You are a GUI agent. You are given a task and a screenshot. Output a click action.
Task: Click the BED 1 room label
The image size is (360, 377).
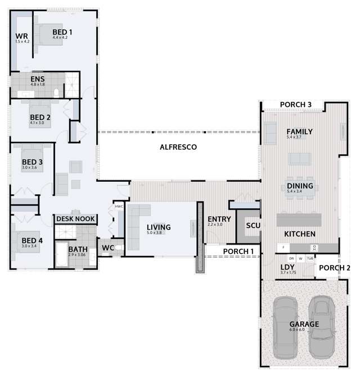(62, 32)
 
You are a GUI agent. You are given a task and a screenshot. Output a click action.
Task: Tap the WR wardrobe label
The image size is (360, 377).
(21, 37)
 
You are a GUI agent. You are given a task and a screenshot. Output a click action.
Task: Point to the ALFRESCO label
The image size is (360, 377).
(177, 147)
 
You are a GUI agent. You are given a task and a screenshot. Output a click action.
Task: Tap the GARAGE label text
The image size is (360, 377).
(304, 324)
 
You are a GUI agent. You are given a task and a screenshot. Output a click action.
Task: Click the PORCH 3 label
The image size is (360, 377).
(296, 105)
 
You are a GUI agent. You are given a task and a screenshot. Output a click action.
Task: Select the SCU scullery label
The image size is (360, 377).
(253, 225)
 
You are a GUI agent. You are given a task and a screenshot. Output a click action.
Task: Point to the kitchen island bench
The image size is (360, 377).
(299, 218)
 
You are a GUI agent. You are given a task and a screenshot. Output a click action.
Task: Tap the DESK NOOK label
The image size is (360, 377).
(75, 219)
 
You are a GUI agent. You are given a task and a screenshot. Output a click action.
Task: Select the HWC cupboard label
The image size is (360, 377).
(119, 207)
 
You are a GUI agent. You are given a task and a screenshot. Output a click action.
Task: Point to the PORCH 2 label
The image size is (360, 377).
(335, 268)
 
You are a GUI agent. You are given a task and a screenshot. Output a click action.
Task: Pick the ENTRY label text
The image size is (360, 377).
(219, 219)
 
